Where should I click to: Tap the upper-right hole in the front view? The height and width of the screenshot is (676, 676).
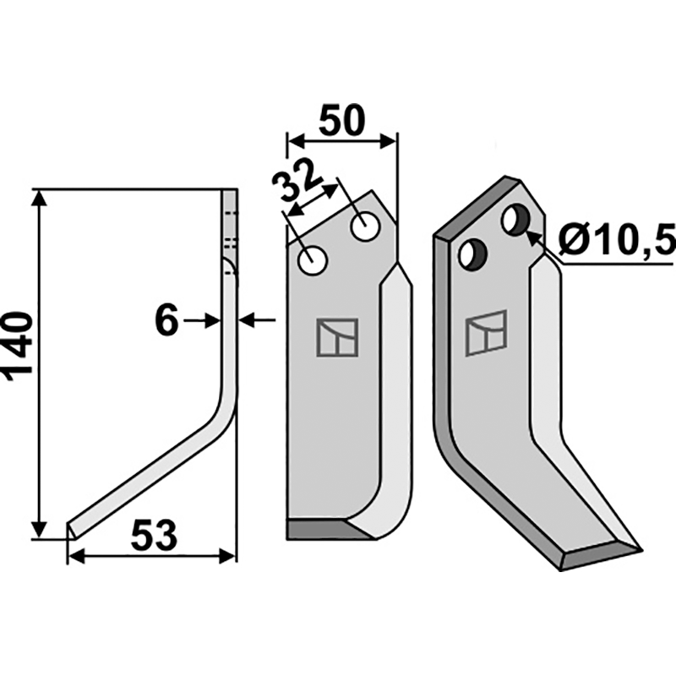tap(365, 226)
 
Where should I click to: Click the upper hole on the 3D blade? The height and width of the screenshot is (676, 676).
tap(514, 221)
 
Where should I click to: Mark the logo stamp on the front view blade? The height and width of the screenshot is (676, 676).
tap(337, 337)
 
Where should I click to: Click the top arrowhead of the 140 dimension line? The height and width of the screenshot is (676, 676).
tap(36, 198)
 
